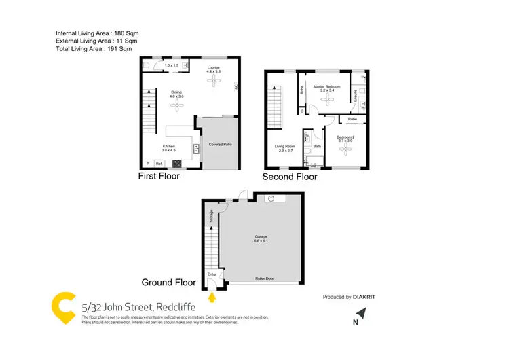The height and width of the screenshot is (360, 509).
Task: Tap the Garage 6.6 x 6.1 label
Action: pyautogui.click(x=261, y=239)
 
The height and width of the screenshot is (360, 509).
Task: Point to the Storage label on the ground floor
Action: pyautogui.click(x=212, y=216)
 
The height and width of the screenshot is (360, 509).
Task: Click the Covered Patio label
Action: pyautogui.click(x=220, y=145)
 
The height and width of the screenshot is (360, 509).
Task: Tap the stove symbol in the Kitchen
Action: pyautogui.click(x=178, y=163)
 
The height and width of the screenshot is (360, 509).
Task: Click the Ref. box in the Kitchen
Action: pyautogui.click(x=159, y=164)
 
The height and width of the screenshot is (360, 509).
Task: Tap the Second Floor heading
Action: pyautogui.click(x=290, y=177)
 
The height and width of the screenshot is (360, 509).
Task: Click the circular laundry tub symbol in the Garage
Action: pyautogui.click(x=270, y=198)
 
